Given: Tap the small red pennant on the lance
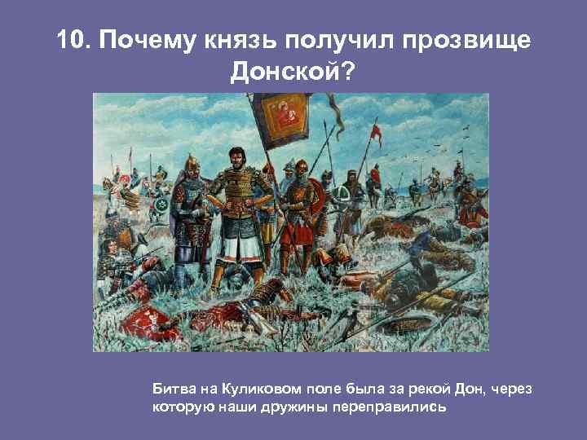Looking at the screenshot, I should (375, 130).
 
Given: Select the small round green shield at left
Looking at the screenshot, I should (164, 202).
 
